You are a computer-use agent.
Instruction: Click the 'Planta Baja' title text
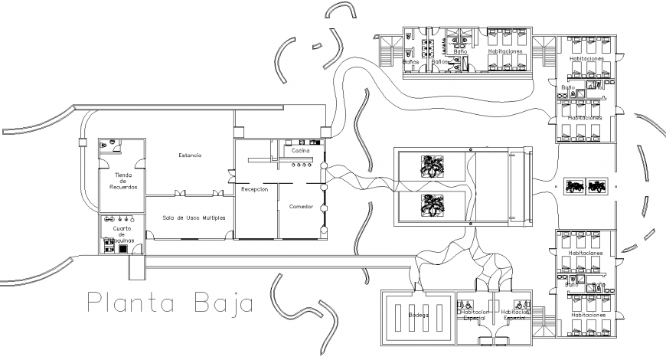tap(169, 303)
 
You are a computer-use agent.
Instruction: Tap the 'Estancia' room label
tap(190, 155)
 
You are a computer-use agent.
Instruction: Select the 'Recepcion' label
tap(254, 189)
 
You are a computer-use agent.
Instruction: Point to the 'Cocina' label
tap(300, 151)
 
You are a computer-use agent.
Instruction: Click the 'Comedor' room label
tap(301, 207)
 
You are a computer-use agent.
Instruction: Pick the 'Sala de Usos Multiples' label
tap(194, 218)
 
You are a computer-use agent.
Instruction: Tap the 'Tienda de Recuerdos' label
tap(122, 181)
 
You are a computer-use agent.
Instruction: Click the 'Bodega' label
tap(418, 315)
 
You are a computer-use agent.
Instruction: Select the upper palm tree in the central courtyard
tap(433, 166)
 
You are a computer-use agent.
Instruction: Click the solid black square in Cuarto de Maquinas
tap(122, 249)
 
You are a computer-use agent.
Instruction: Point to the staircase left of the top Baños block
tap(386, 53)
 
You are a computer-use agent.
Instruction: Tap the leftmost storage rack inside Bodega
tap(398, 315)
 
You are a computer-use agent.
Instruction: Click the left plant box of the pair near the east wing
tap(574, 185)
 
